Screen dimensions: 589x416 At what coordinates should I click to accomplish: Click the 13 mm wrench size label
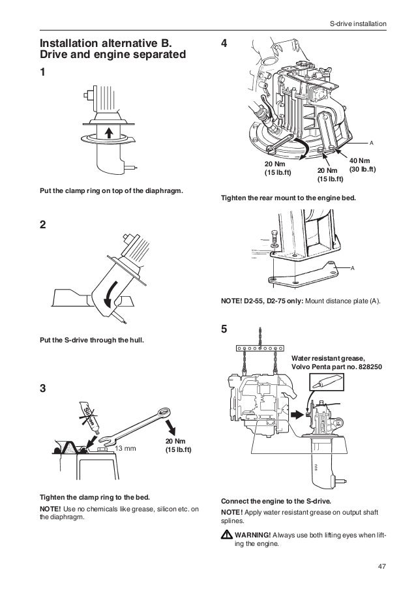point(125,449)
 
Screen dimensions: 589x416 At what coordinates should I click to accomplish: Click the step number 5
point(226,329)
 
